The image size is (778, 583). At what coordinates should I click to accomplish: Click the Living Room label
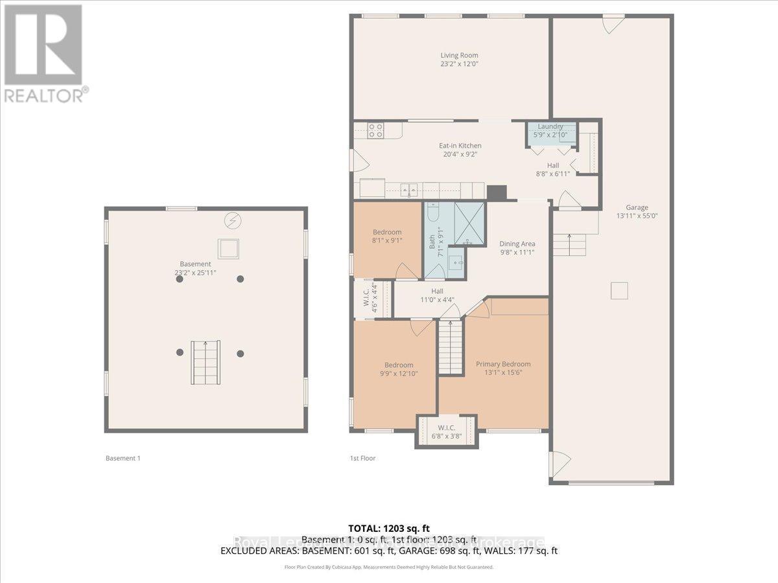point(459,56)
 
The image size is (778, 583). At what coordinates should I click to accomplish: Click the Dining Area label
point(517,244)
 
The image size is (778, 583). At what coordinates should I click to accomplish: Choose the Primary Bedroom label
point(503,364)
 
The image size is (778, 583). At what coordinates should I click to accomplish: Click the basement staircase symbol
point(206,361)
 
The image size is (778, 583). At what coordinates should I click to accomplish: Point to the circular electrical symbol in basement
point(231,221)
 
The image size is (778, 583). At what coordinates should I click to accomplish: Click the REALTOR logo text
point(44,95)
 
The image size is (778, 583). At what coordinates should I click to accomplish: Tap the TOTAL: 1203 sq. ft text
point(389,529)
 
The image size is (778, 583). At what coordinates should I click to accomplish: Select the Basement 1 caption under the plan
point(123,458)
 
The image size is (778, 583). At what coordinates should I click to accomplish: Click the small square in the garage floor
point(620,291)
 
